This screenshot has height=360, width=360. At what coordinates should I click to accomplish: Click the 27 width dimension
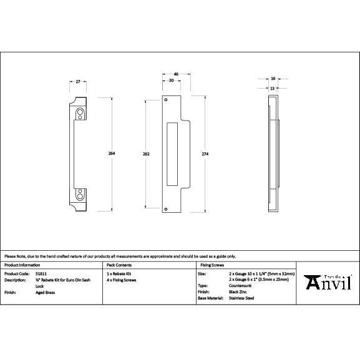click(x=79, y=81)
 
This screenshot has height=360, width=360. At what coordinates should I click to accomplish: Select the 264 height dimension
click(x=112, y=153)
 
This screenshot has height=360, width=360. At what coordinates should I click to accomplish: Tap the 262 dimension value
click(x=146, y=153)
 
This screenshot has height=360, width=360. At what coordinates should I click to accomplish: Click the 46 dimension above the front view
click(x=176, y=74)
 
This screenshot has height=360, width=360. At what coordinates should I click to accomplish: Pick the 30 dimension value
click(x=171, y=81)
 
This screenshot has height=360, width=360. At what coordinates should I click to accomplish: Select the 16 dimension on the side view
click(x=273, y=79)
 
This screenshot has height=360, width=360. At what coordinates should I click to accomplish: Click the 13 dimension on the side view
click(x=272, y=88)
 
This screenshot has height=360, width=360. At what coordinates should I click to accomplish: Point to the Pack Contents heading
click(x=118, y=265)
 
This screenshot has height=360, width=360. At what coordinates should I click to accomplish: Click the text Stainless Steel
click(x=241, y=298)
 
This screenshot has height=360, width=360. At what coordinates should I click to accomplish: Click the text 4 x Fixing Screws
click(x=122, y=280)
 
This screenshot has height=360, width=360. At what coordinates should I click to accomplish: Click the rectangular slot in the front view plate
click(x=173, y=153)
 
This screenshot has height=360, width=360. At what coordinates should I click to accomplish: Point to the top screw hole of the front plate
click(x=166, y=100)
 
